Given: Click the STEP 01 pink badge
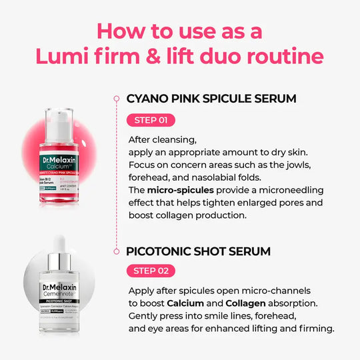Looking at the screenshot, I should click(x=151, y=120).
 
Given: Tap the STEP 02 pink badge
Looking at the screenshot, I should click(x=151, y=271).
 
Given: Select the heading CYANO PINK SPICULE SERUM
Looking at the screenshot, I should click(x=211, y=99).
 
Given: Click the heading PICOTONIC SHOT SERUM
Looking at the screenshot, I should click(x=198, y=251).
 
